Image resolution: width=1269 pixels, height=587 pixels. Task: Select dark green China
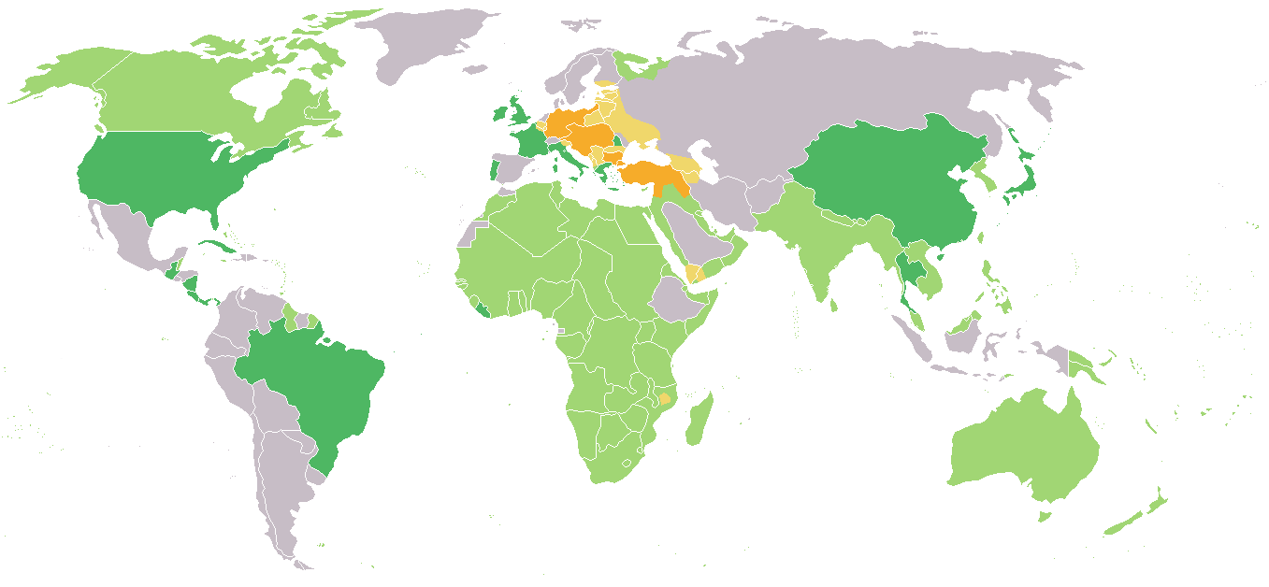(888, 178)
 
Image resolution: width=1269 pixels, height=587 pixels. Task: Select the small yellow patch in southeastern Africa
(665, 399)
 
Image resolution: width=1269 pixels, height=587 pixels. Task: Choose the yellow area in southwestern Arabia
(694, 273)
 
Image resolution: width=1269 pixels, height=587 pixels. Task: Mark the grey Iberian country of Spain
(510, 168)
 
